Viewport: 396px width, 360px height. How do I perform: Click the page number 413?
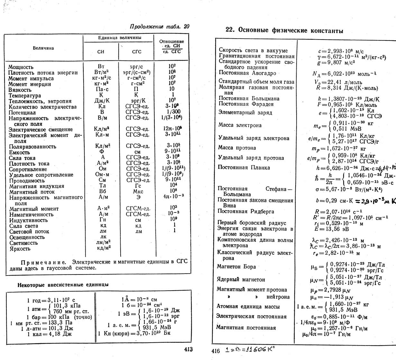click(188, 349)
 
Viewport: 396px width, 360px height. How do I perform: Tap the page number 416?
click(216, 351)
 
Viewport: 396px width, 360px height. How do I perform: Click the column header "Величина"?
click(43, 48)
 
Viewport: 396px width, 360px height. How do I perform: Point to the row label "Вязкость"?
click(20, 90)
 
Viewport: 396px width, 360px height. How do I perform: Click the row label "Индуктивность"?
click(28, 220)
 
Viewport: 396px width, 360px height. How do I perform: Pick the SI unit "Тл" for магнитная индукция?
click(102, 186)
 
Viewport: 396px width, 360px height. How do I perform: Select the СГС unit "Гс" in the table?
click(136, 186)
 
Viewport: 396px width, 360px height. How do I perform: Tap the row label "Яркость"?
click(20, 248)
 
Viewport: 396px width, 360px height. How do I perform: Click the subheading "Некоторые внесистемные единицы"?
click(63, 285)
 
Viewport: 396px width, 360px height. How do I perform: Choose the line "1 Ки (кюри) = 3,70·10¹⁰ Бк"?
click(134, 333)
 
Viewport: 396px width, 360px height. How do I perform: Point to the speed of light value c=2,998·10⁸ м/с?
click(341, 51)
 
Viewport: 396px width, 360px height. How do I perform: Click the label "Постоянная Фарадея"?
click(246, 104)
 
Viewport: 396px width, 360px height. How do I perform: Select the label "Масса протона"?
click(237, 148)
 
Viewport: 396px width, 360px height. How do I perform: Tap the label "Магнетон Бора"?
click(236, 267)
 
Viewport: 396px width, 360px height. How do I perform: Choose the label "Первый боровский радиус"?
click(252, 223)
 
